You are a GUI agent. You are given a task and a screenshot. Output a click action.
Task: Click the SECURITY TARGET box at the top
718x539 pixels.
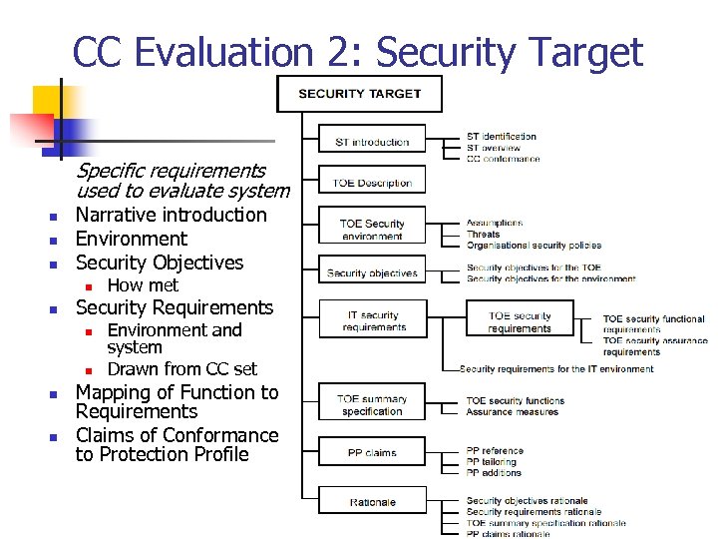[x=359, y=95]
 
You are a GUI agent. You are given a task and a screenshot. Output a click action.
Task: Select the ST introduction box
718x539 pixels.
[x=372, y=141]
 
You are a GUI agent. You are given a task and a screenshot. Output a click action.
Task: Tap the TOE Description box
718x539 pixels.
[x=372, y=183]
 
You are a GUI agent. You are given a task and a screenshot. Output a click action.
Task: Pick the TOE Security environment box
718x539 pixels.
[x=372, y=230]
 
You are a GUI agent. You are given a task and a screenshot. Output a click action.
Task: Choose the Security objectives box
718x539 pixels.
[x=372, y=272]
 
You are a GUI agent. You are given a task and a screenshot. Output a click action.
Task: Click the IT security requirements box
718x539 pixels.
[x=372, y=320]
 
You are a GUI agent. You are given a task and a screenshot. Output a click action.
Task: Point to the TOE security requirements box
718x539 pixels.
[x=520, y=320]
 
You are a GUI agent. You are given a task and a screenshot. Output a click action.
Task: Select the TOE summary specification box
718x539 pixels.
[x=372, y=404]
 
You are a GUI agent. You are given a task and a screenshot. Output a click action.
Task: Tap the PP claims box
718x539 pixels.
[x=372, y=452]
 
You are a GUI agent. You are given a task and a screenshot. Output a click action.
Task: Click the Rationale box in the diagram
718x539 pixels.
[x=372, y=502]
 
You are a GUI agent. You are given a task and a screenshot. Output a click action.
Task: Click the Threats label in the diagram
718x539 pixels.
[x=484, y=235]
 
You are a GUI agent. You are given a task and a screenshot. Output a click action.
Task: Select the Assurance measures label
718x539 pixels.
[x=513, y=412]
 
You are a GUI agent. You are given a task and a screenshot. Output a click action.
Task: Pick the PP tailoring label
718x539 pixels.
[x=492, y=462]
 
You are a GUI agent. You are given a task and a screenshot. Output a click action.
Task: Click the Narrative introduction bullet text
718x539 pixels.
[x=172, y=215]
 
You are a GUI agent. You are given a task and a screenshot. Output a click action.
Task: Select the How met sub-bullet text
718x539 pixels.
[x=143, y=285]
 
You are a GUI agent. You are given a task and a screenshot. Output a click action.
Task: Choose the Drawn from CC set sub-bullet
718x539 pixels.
[x=181, y=368]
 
